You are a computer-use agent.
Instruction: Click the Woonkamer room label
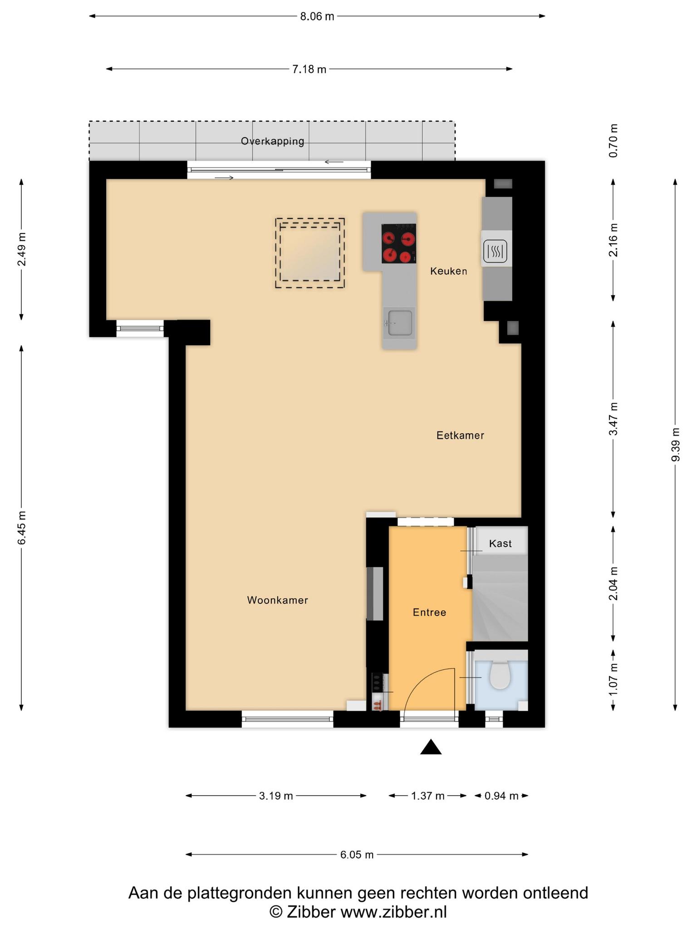277,600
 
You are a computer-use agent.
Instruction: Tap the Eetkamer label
460,435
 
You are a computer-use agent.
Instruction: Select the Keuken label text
448,271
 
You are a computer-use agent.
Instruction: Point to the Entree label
429,613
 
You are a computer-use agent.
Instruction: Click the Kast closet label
501,544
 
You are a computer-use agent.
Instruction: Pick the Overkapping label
272,141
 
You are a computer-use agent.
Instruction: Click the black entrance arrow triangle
431,747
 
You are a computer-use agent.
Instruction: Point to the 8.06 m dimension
317,16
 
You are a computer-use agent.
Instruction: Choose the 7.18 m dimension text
309,69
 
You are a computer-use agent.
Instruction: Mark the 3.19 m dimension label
276,796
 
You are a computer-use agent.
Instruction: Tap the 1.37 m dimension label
427,796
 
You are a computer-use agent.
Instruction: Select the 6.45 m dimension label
22,527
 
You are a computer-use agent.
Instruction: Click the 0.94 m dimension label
501,796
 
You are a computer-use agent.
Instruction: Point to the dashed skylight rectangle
310,253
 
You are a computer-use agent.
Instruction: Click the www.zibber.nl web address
393,912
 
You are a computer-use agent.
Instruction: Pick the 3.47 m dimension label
614,419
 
